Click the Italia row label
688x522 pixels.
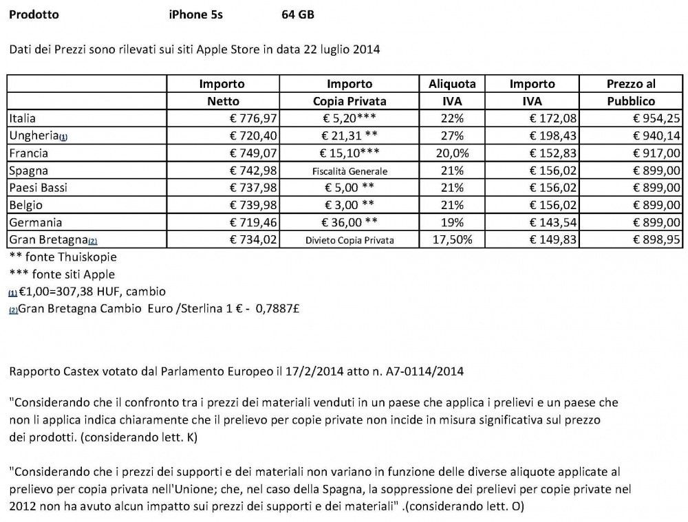tap(24, 118)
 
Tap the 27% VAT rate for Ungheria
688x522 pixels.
tap(452, 135)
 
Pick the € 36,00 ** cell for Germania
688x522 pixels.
tap(350, 222)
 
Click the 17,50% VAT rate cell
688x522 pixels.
tap(452, 239)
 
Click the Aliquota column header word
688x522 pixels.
tap(452, 84)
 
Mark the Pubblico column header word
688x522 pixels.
tap(631, 101)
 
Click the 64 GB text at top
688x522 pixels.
tap(298, 14)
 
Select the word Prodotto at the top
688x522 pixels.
tap(34, 14)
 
